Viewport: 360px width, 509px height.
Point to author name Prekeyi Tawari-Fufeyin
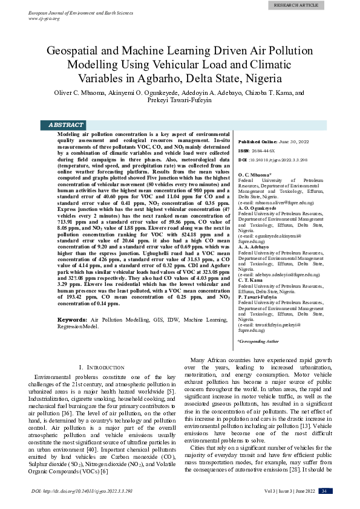(x=180, y=102)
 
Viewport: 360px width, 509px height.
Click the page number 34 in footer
(x=325, y=490)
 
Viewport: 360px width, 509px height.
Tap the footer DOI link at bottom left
(x=82, y=491)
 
